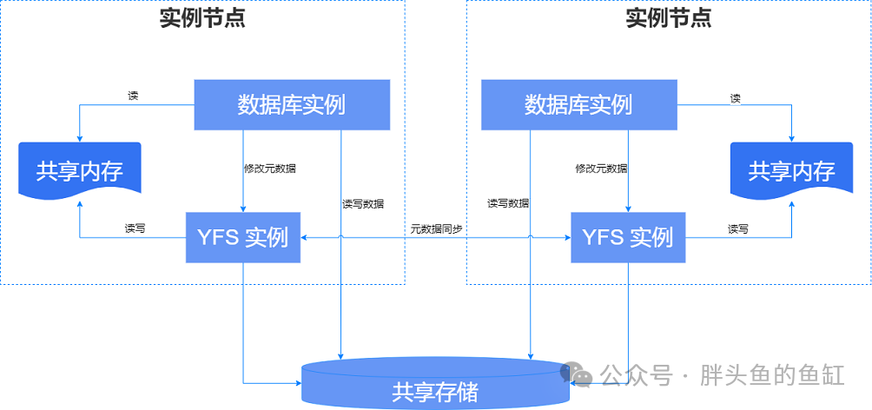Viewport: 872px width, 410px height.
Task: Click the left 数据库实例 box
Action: point(292,105)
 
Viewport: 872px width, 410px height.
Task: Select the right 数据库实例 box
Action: point(579,105)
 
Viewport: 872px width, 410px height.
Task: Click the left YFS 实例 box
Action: point(243,237)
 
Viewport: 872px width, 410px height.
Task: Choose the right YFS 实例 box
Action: point(629,237)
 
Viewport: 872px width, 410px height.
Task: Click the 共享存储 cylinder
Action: point(435,383)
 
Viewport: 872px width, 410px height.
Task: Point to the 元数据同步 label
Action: point(437,228)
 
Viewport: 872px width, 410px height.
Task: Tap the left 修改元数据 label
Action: point(270,168)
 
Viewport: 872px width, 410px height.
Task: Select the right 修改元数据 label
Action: point(601,168)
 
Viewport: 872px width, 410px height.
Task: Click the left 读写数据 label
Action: point(362,203)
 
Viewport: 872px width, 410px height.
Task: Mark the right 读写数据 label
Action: point(508,203)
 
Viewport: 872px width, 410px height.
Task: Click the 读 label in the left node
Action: point(133,96)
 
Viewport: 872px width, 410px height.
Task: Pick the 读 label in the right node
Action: point(735,98)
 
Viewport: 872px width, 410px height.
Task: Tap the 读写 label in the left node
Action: point(135,228)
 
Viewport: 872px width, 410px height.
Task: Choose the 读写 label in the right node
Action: point(738,228)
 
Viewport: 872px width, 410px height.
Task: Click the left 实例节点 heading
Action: point(202,18)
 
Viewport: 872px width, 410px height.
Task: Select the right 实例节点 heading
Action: point(669,18)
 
